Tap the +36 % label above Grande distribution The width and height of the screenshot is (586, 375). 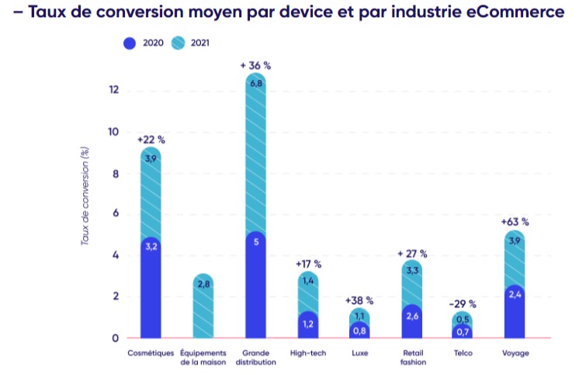coord(255,65)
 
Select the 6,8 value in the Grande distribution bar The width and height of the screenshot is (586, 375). coord(256,84)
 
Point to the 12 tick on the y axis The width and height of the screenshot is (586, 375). coord(113,90)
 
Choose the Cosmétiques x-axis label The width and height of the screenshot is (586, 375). coord(151,353)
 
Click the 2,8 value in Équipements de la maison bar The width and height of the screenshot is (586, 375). coord(203,285)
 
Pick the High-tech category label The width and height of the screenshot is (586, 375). coord(309,353)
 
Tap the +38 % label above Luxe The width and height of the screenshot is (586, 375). coord(359,300)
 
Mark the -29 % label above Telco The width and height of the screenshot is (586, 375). coord(463,304)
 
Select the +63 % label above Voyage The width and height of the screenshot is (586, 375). coord(515,222)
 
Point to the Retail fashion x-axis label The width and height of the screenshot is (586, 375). coord(412,357)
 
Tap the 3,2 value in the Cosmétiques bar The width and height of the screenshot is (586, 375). coord(151,247)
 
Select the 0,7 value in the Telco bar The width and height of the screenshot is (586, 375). coord(463,332)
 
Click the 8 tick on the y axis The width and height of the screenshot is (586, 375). coord(115,173)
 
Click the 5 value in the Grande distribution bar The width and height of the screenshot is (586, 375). coord(256,241)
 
